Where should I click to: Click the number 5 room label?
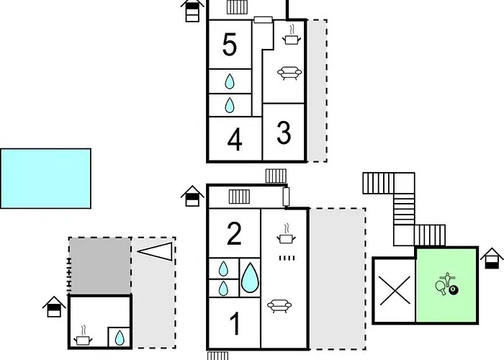[230, 45]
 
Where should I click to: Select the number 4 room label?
[235, 140]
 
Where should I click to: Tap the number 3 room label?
[284, 132]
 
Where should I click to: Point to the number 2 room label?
[234, 233]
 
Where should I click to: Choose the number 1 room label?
[235, 324]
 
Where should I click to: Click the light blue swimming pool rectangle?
[45, 179]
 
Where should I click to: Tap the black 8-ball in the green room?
[454, 290]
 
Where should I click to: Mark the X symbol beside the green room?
[395, 291]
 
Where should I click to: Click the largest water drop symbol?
[250, 278]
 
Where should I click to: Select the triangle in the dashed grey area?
[155, 251]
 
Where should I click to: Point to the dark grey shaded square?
[100, 266]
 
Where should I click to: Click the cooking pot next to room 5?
[292, 36]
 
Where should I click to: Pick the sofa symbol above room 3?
[289, 73]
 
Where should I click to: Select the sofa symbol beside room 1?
[279, 306]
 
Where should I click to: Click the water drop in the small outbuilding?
[120, 338]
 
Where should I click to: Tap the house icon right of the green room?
[492, 258]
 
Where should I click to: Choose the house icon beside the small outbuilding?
[54, 307]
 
